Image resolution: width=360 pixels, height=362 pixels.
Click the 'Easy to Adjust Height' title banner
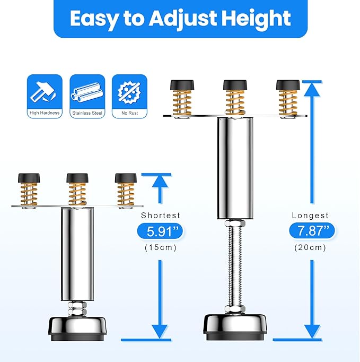click(180, 19)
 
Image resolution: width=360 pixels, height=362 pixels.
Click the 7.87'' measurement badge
click(312, 231)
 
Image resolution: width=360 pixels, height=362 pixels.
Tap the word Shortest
click(161, 216)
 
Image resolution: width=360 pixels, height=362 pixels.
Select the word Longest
click(311, 216)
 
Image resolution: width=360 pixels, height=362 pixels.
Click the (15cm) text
click(160, 248)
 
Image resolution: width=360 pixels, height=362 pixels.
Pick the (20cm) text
click(311, 247)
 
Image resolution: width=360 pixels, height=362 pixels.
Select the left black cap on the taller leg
click(182, 84)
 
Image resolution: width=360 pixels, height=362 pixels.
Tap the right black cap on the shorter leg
click(126, 178)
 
